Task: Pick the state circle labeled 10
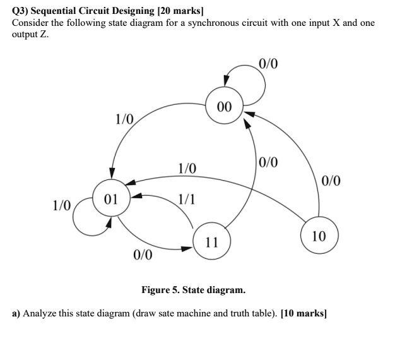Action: click(x=319, y=236)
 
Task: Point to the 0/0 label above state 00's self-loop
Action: click(x=268, y=64)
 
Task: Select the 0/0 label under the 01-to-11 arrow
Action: click(x=143, y=255)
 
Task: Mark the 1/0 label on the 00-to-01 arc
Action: click(x=124, y=118)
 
